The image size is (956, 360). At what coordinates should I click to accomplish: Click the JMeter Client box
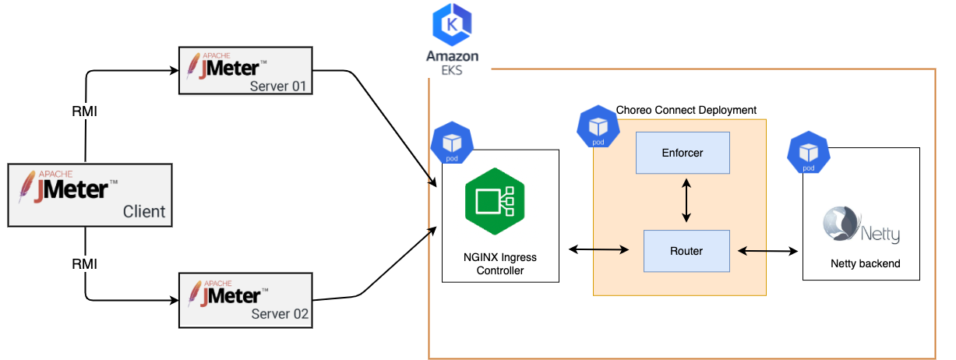point(90,195)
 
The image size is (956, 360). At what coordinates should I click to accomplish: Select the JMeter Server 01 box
point(245,71)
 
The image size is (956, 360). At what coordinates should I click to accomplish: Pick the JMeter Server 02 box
point(245,300)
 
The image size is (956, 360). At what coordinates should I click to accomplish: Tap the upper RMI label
point(84,112)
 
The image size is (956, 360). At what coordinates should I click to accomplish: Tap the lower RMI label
point(84,264)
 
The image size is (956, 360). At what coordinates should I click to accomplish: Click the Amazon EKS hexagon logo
point(452,25)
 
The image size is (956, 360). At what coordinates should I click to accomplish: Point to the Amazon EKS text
point(452,63)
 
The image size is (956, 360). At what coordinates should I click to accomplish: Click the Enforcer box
point(683,153)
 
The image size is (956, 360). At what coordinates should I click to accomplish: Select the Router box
point(686,251)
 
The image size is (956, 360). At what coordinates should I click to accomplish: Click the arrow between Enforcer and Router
point(686,202)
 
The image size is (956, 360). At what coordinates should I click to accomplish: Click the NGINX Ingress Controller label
point(500,263)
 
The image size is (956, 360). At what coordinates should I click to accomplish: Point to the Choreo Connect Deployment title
point(686,111)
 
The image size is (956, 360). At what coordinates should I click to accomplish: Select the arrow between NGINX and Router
point(599,250)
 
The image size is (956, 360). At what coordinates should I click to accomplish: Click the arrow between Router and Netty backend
point(768,251)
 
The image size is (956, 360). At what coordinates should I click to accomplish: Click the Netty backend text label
point(865,264)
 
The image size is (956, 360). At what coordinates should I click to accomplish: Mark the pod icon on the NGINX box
point(452,143)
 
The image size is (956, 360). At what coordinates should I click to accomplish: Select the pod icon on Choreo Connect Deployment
point(598,127)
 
